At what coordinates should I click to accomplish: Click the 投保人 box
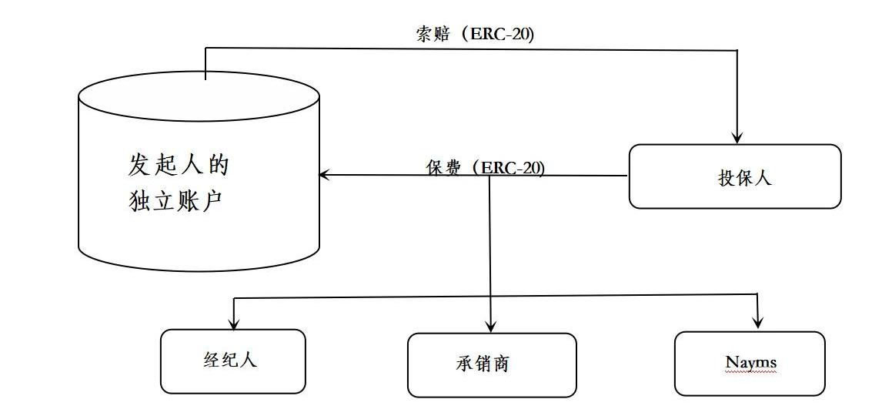click(734, 176)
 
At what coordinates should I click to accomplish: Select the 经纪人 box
click(232, 361)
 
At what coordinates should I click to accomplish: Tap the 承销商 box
click(491, 365)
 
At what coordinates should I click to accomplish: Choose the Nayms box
click(750, 363)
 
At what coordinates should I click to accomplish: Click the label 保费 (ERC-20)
click(485, 167)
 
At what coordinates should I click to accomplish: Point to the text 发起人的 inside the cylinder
click(179, 165)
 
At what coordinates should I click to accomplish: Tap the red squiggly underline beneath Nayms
click(750, 372)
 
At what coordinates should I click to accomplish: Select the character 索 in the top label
click(423, 35)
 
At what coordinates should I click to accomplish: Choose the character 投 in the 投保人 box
click(725, 178)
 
